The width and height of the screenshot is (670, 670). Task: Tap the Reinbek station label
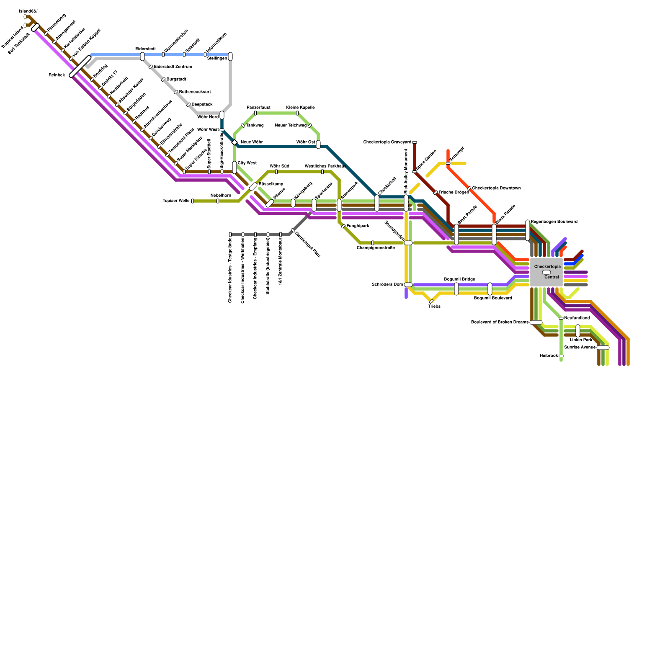pyautogui.click(x=57, y=75)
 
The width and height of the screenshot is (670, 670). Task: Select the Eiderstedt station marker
pyautogui.click(x=142, y=57)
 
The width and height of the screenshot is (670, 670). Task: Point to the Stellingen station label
pyautogui.click(x=217, y=59)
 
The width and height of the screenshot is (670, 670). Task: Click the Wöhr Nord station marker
pyautogui.click(x=222, y=115)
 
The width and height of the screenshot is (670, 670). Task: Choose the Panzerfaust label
pyautogui.click(x=258, y=108)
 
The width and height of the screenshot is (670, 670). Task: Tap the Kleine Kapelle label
pyautogui.click(x=300, y=108)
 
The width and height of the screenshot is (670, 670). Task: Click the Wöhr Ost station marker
pyautogui.click(x=318, y=144)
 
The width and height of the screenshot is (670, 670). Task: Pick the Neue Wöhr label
pyautogui.click(x=252, y=142)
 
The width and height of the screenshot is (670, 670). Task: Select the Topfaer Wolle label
pyautogui.click(x=176, y=201)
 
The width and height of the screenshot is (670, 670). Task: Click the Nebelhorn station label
pyautogui.click(x=221, y=196)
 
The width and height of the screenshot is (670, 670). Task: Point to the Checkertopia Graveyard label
pyautogui.click(x=387, y=142)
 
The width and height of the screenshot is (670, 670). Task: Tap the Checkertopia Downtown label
pyautogui.click(x=496, y=188)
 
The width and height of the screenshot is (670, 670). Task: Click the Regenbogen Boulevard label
pyautogui.click(x=554, y=222)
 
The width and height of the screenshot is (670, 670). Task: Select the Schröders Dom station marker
pyautogui.click(x=408, y=285)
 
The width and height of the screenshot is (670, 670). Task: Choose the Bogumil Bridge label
pyautogui.click(x=459, y=279)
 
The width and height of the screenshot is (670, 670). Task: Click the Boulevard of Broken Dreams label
pyautogui.click(x=500, y=322)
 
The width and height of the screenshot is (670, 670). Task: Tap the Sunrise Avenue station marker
pyautogui.click(x=603, y=348)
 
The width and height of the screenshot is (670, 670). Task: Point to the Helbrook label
pyautogui.click(x=549, y=356)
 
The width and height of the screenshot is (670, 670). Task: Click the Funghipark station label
pyautogui.click(x=358, y=226)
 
